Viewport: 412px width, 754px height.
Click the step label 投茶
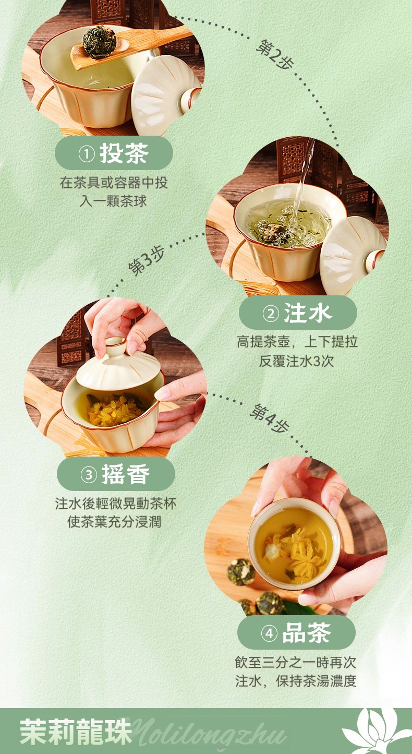click(124, 153)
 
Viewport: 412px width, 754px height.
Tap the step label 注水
click(308, 313)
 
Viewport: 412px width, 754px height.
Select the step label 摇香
click(126, 474)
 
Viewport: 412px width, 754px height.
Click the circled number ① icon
click(87, 154)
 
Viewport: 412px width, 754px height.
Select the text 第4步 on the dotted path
click(270, 418)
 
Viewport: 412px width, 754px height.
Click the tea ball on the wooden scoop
click(99, 42)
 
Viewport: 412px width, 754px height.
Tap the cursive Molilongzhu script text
click(210, 733)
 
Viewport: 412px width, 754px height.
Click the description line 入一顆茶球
click(113, 201)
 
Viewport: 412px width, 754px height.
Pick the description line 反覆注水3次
click(296, 361)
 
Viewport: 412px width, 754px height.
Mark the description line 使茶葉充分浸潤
click(114, 522)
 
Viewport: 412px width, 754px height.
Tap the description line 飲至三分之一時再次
click(295, 663)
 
